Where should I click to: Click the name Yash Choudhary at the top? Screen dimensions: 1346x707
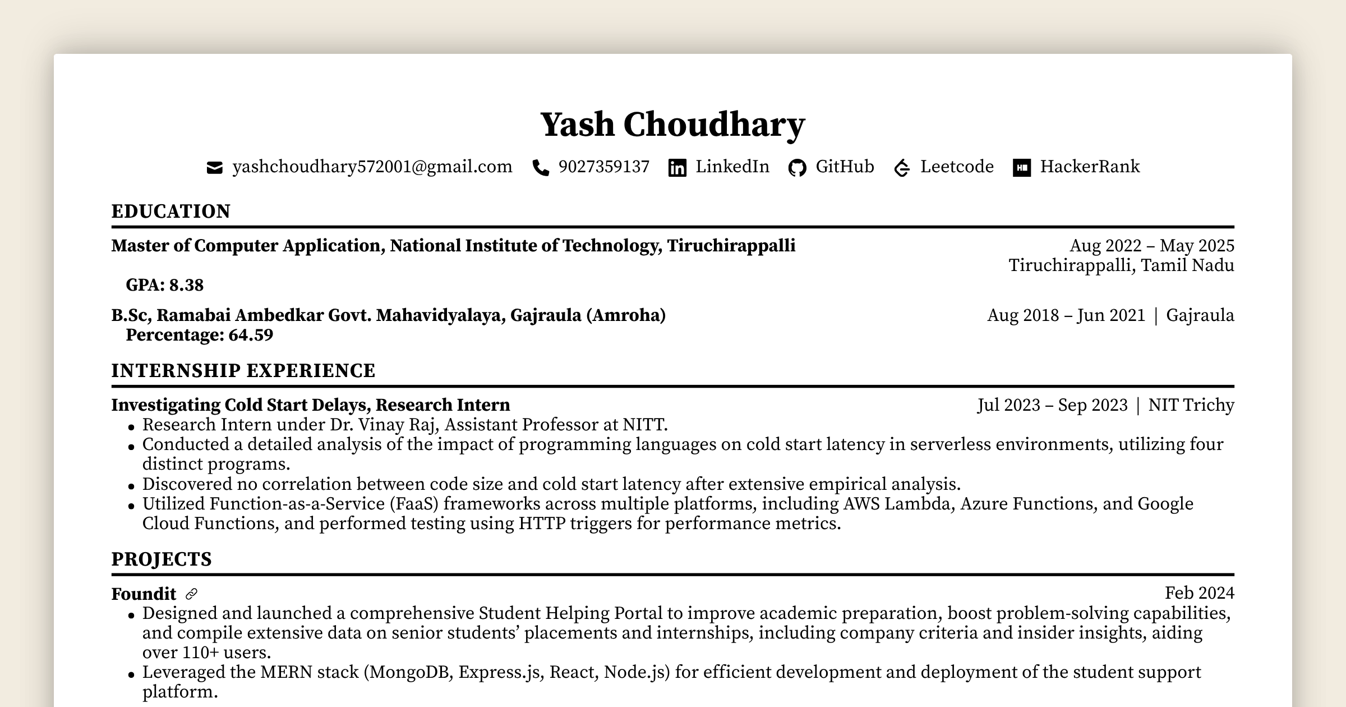pyautogui.click(x=672, y=125)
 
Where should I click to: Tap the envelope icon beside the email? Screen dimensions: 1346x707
pyautogui.click(x=214, y=168)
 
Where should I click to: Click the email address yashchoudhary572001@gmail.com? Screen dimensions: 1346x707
pyautogui.click(x=372, y=167)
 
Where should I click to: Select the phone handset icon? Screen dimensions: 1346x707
pyautogui.click(x=541, y=168)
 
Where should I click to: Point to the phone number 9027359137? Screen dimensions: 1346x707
pyautogui.click(x=603, y=167)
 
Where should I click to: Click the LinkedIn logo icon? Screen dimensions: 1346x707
pyautogui.click(x=677, y=168)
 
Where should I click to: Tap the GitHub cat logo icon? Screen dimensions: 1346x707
pyautogui.click(x=797, y=168)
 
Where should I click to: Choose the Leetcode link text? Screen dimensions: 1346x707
pyautogui.click(x=957, y=167)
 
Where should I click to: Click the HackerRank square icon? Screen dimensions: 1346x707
pyautogui.click(x=1021, y=168)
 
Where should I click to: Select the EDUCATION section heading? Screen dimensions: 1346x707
pyautogui.click(x=171, y=212)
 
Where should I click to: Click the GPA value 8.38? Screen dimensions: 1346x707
pyautogui.click(x=186, y=286)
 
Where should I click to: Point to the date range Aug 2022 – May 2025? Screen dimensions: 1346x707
pyautogui.click(x=1151, y=246)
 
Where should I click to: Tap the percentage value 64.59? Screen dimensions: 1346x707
pyautogui.click(x=251, y=335)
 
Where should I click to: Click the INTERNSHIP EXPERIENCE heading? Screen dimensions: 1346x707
pyautogui.click(x=243, y=371)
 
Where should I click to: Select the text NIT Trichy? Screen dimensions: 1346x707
pyautogui.click(x=1191, y=405)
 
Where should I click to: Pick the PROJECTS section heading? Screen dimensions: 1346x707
pyautogui.click(x=162, y=559)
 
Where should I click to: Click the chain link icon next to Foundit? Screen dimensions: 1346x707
pyautogui.click(x=191, y=594)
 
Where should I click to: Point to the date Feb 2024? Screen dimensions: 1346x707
pyautogui.click(x=1199, y=593)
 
